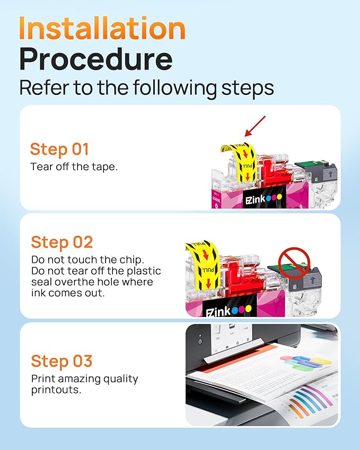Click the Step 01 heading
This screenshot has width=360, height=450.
tap(59, 149)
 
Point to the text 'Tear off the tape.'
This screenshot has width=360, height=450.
tap(74, 166)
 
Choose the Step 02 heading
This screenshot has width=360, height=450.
tap(62, 242)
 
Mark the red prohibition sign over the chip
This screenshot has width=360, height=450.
tap(294, 260)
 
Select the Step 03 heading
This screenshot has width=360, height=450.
tap(62, 361)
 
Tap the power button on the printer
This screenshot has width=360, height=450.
tap(199, 341)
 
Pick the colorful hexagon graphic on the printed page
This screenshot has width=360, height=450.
tap(306, 362)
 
